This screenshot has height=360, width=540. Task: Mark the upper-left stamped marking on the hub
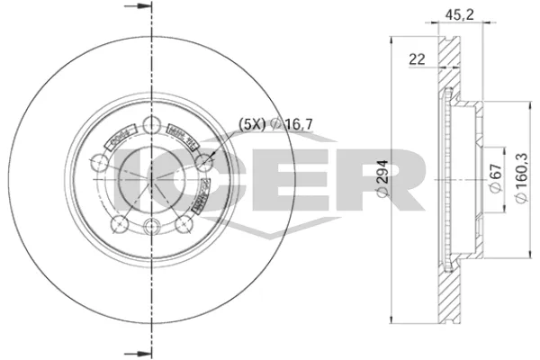[x=119, y=139]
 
